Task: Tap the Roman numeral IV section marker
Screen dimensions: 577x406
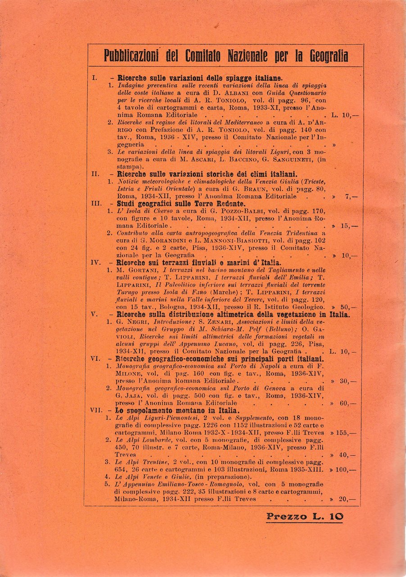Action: coord(96,262)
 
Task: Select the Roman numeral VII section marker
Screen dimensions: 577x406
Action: coord(97,411)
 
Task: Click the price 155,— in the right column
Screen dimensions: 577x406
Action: coord(347,432)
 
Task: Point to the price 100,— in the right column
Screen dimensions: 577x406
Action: coord(347,470)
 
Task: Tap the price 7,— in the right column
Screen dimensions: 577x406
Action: coord(349,197)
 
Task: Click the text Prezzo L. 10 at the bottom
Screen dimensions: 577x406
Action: coord(304,517)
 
